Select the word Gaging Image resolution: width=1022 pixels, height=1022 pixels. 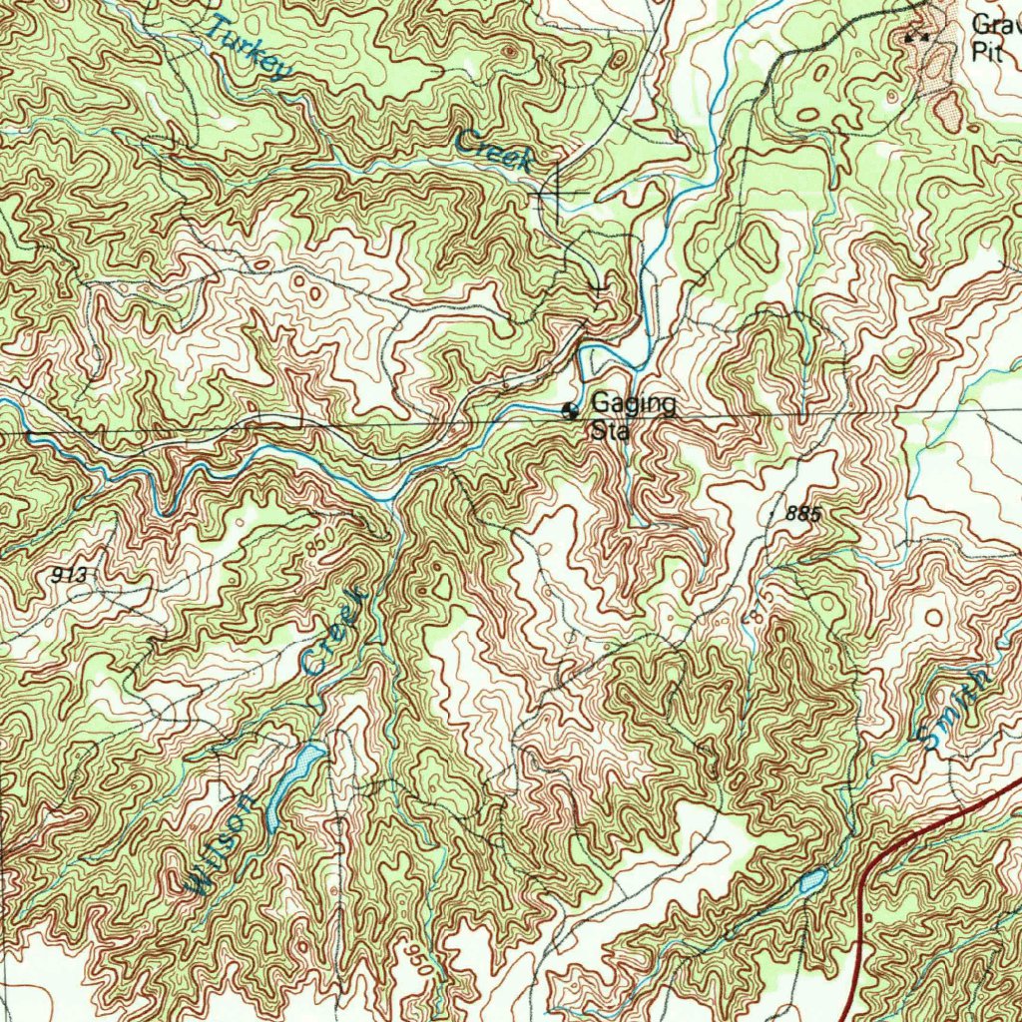(633, 404)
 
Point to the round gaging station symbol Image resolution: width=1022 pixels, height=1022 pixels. (571, 410)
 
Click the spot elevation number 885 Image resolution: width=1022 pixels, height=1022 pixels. (803, 514)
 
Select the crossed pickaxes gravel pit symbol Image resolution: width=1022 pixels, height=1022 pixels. (915, 37)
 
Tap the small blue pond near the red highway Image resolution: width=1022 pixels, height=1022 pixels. (812, 880)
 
